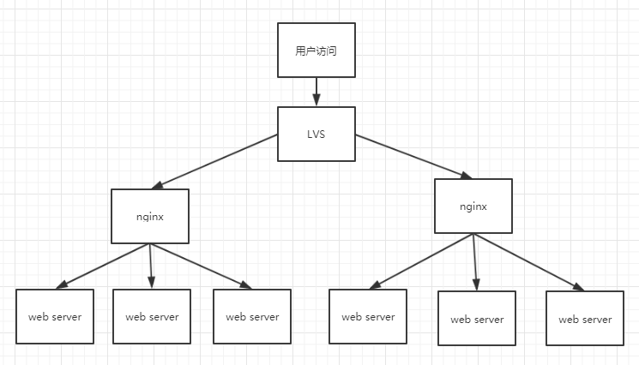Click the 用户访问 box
(x=316, y=50)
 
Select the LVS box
(x=316, y=134)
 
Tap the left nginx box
(x=150, y=216)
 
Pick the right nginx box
(x=473, y=206)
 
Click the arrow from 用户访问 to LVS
(x=316, y=92)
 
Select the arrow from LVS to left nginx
(x=214, y=162)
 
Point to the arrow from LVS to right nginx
(x=413, y=157)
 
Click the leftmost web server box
(x=55, y=316)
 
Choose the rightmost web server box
(x=585, y=318)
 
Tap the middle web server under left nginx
(x=152, y=316)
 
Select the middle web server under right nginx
(x=477, y=318)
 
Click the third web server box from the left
(x=252, y=316)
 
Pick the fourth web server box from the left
(x=368, y=316)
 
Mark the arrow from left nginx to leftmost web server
(x=103, y=266)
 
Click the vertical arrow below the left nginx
(x=151, y=266)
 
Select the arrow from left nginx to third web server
(x=201, y=266)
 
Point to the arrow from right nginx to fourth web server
(x=421, y=261)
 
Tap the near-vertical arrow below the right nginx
(x=475, y=262)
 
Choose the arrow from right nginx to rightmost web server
(x=529, y=262)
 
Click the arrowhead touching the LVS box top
(x=316, y=100)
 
